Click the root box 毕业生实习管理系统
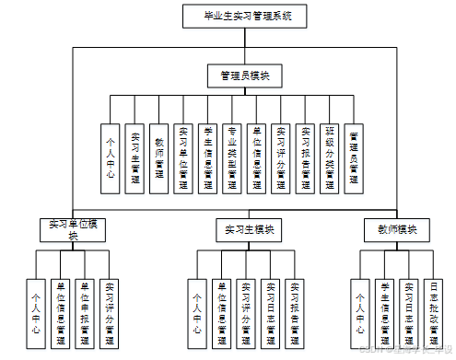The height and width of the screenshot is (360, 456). (x=243, y=17)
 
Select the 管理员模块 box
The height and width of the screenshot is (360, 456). (x=243, y=75)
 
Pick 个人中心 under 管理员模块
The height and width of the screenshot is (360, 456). (x=111, y=157)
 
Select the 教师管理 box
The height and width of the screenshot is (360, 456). (x=159, y=157)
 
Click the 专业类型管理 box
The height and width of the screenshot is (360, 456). (x=232, y=157)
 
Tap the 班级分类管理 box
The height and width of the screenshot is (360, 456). (x=330, y=157)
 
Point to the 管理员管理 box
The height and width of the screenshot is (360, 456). (x=355, y=157)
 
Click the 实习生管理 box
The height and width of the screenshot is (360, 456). (x=134, y=157)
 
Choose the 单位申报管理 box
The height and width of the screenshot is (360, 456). (x=85, y=313)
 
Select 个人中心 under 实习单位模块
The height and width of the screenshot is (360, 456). (x=37, y=313)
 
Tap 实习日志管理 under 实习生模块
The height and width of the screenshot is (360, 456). (x=270, y=313)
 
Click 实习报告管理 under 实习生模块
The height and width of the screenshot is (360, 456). (x=294, y=313)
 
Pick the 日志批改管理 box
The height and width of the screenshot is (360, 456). (x=434, y=313)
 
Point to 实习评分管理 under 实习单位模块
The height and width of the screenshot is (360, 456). (x=110, y=313)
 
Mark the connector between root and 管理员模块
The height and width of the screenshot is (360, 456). (x=243, y=46)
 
